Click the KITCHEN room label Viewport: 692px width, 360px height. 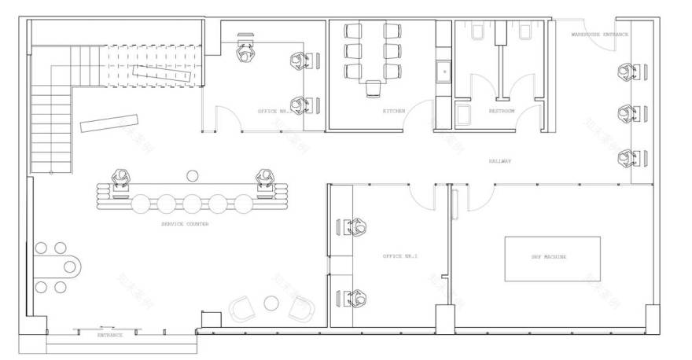[394, 112]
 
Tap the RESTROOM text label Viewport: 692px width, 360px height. [502, 112]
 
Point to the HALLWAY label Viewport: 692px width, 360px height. [500, 160]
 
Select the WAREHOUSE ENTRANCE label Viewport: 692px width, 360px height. [599, 35]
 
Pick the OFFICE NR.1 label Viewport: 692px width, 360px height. [399, 257]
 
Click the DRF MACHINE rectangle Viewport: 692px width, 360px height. [551, 258]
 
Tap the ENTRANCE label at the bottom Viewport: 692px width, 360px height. [110, 336]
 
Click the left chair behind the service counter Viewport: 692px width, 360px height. [121, 180]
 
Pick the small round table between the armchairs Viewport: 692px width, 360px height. [271, 303]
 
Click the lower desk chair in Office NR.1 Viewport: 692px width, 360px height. [358, 298]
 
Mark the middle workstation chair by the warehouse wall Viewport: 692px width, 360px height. [627, 114]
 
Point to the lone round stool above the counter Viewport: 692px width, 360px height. [191, 175]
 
